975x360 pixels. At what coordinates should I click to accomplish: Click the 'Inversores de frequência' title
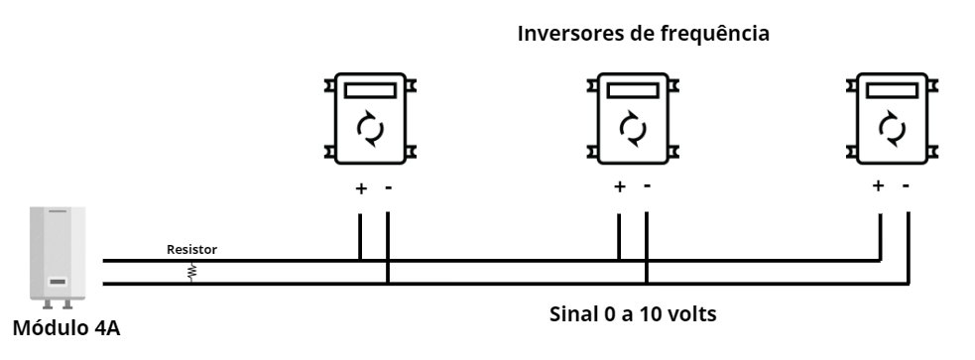pyautogui.click(x=644, y=34)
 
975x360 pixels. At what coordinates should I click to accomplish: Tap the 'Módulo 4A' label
pyautogui.click(x=67, y=328)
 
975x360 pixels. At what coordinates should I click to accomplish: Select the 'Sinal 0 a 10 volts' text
pyautogui.click(x=633, y=315)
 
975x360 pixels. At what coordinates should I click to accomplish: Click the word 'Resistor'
pyautogui.click(x=191, y=250)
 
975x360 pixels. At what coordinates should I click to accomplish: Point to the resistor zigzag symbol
pyautogui.click(x=191, y=272)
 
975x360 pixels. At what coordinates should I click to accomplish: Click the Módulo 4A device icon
pyautogui.click(x=59, y=256)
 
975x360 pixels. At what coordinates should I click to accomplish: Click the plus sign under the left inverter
pyautogui.click(x=360, y=187)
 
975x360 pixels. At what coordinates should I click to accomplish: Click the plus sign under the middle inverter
pyautogui.click(x=620, y=185)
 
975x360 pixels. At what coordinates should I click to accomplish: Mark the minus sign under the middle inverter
pyautogui.click(x=648, y=185)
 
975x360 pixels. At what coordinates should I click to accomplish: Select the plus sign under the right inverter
pyautogui.click(x=878, y=185)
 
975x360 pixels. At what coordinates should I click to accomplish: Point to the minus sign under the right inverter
pyautogui.click(x=906, y=185)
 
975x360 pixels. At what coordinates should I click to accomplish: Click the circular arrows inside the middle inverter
pyautogui.click(x=631, y=129)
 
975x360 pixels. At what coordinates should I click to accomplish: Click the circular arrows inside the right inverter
pyautogui.click(x=892, y=129)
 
